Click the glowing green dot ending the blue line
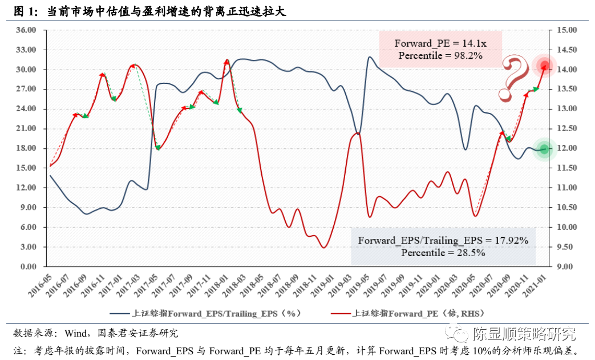pyautogui.click(x=544, y=149)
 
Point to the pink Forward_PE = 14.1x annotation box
pyautogui.click(x=440, y=50)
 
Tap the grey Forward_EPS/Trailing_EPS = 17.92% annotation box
pyautogui.click(x=443, y=246)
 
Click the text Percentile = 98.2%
pyautogui.click(x=440, y=56)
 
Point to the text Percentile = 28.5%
pyautogui.click(x=443, y=253)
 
